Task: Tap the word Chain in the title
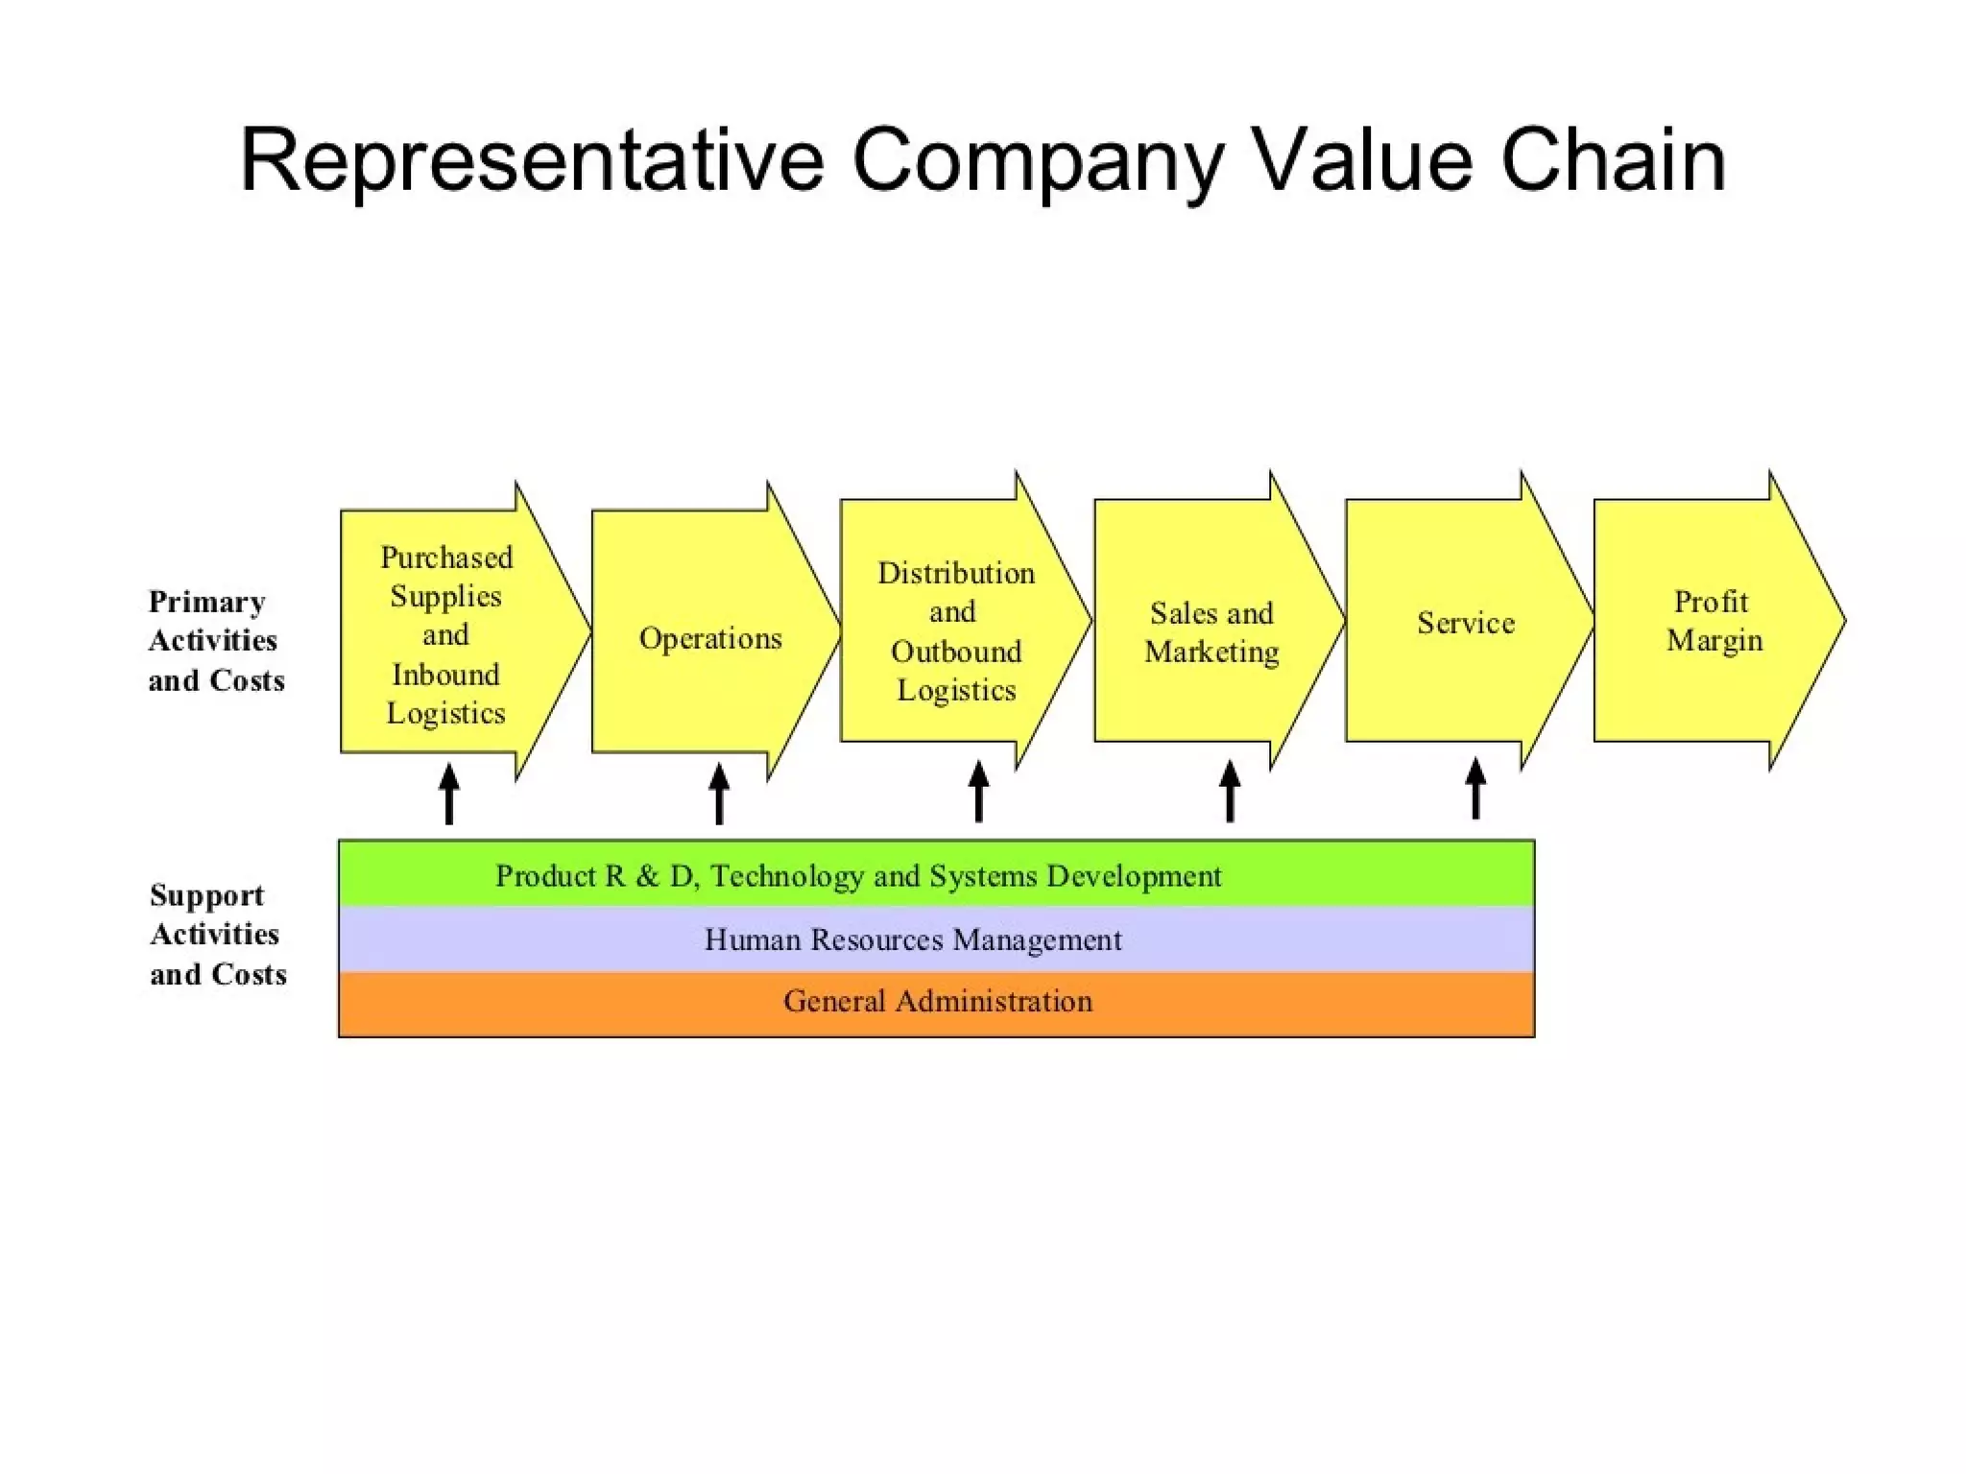tap(1613, 160)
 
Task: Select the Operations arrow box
tap(710, 637)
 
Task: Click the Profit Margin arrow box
tap(1714, 621)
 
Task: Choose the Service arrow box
tap(1466, 623)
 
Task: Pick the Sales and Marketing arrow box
tap(1211, 631)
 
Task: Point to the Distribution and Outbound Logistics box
tap(956, 630)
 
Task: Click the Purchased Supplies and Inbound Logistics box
tap(446, 634)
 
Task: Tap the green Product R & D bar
tap(936, 874)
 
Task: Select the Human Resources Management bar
tap(936, 939)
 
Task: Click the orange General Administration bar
tap(936, 1002)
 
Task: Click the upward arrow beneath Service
tap(1475, 788)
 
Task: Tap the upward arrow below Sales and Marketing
tap(1230, 791)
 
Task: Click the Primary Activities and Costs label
tap(216, 640)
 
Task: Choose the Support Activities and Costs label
tap(218, 934)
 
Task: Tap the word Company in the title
tap(1038, 160)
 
